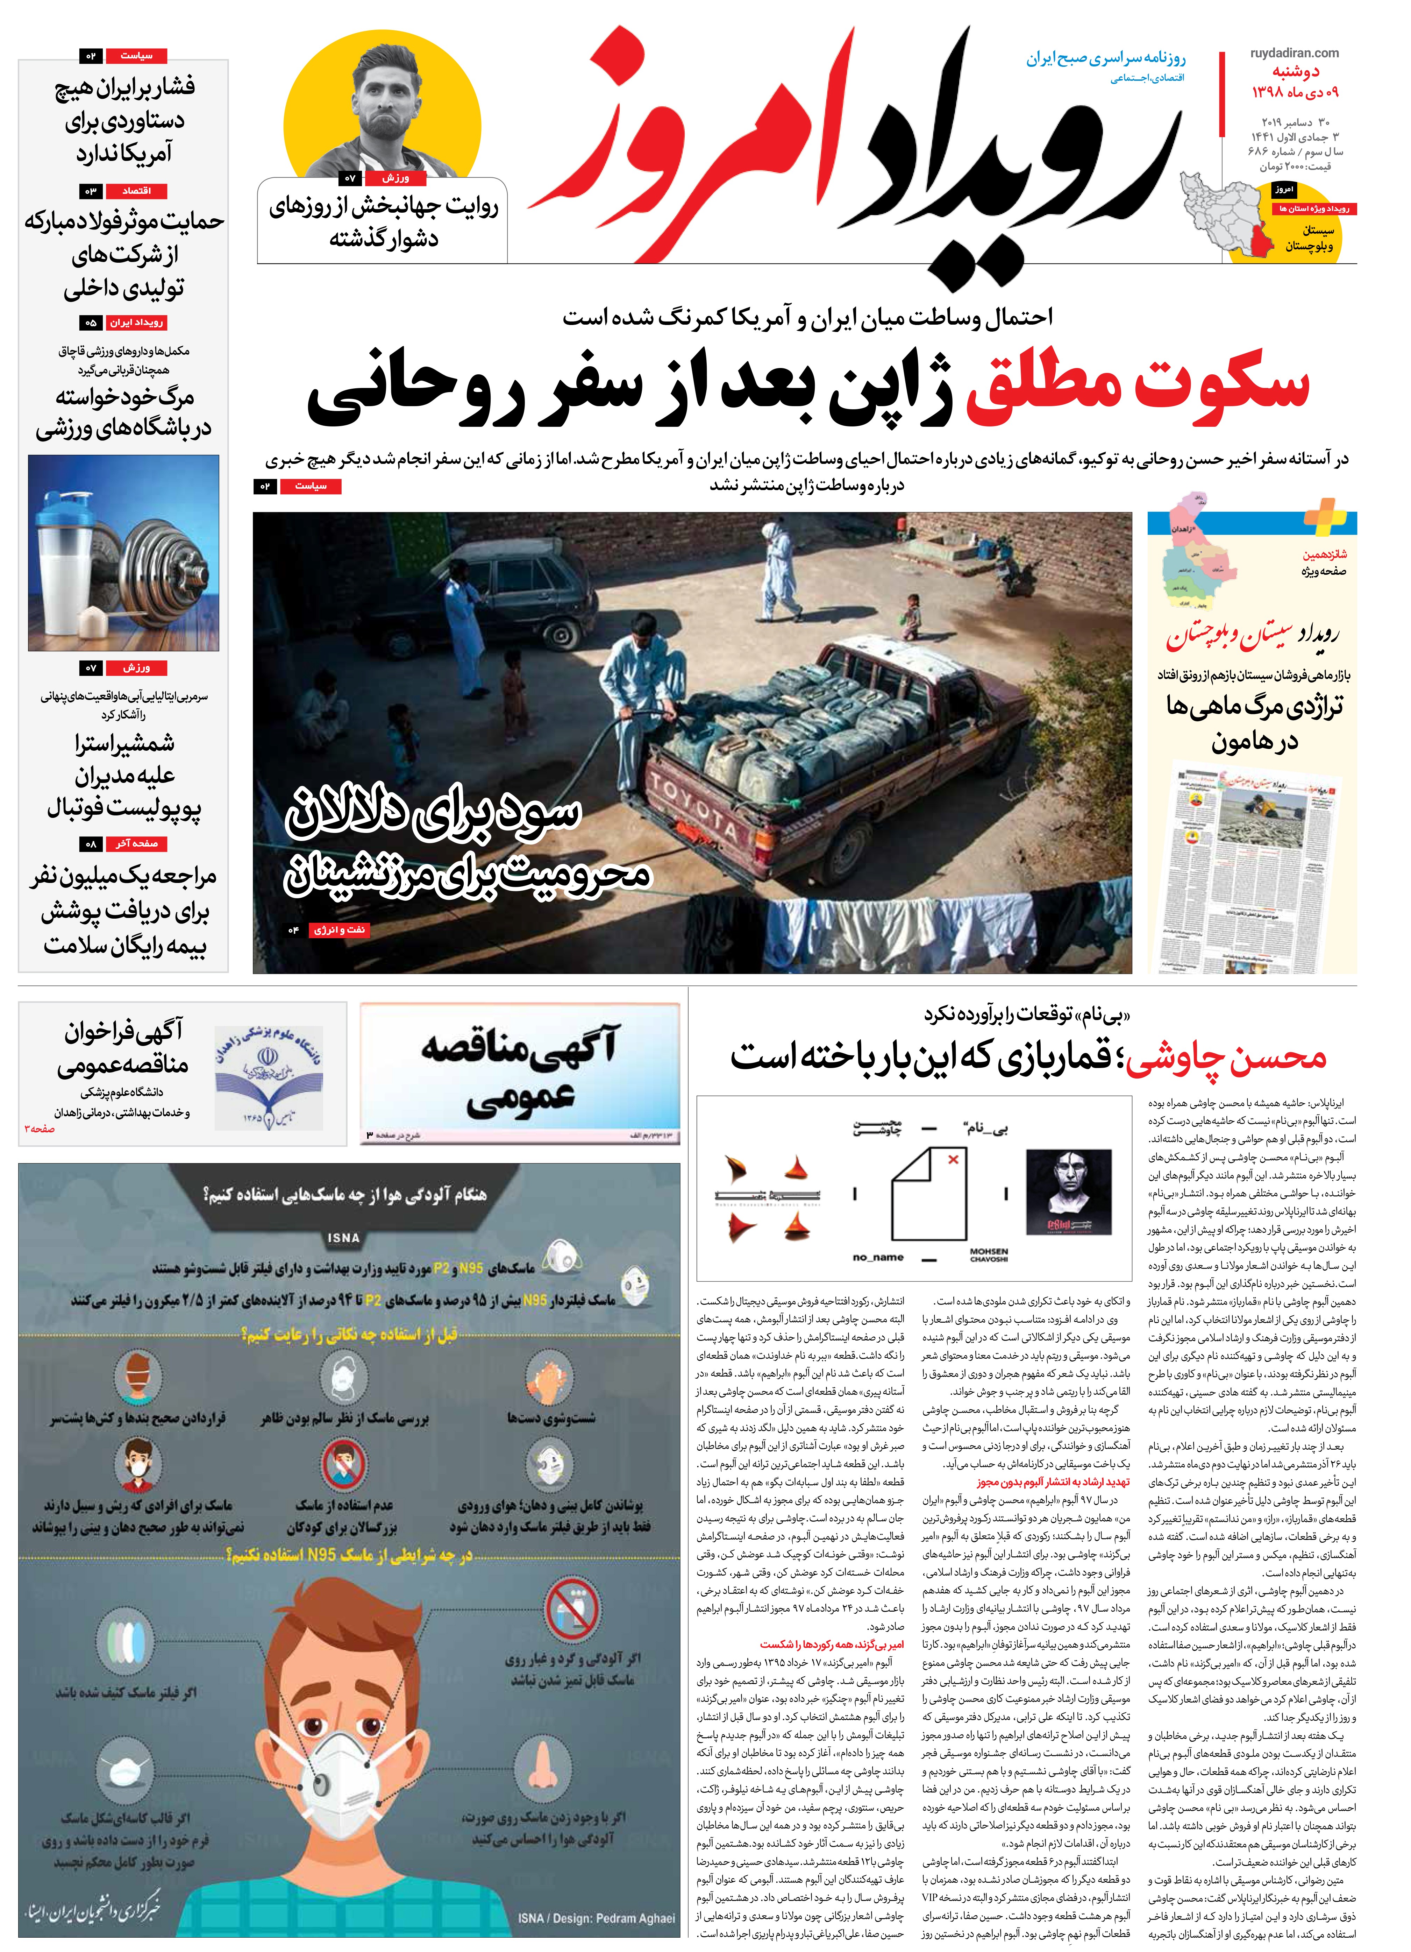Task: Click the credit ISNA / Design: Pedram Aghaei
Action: pyautogui.click(x=596, y=1918)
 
